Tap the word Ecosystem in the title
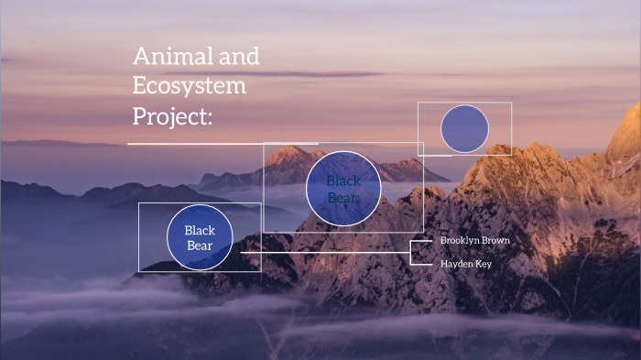[x=190, y=87]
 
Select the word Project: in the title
[x=173, y=117]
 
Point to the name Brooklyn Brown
[x=474, y=240]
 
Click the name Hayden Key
[x=466, y=264]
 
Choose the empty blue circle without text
[x=464, y=129]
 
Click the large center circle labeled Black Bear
[x=343, y=188]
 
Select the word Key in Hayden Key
[x=483, y=264]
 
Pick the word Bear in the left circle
[x=200, y=245]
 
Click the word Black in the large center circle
[x=343, y=180]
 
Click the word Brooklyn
[x=458, y=240]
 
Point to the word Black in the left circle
[x=200, y=231]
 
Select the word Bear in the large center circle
[x=343, y=195]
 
